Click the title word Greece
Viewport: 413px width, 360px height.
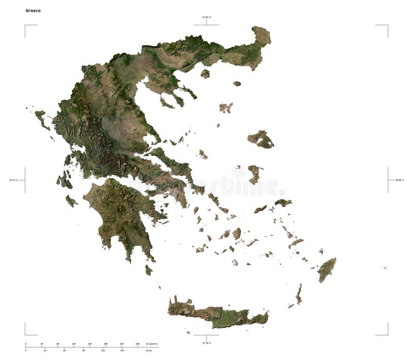click(33, 10)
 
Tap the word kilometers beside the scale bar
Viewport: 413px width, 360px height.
click(152, 343)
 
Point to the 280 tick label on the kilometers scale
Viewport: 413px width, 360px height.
click(137, 343)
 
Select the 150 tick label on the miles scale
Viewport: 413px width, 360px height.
click(122, 351)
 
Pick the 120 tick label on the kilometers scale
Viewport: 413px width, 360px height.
click(73, 343)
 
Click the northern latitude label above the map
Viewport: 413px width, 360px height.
click(206, 18)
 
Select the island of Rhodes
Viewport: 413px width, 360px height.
click(326, 270)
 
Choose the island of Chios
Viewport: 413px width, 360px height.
click(253, 174)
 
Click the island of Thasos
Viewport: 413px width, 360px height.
click(205, 74)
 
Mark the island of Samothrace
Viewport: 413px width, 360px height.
click(236, 84)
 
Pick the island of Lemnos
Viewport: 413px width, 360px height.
click(226, 108)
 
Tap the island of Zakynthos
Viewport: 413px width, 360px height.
click(71, 201)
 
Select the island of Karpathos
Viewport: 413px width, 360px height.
click(298, 294)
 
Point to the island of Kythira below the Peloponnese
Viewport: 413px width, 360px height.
click(149, 270)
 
